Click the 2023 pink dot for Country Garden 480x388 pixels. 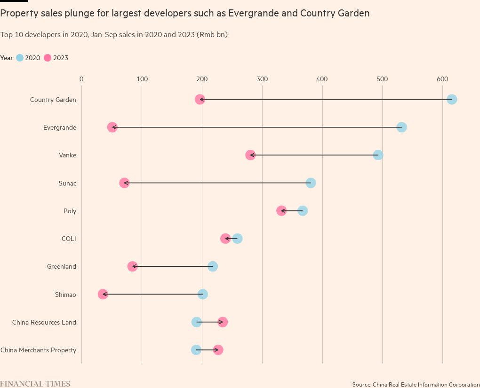pos(200,100)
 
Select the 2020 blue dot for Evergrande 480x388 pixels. pos(401,127)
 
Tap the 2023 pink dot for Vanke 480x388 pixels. pos(250,155)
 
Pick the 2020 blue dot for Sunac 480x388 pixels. pos(311,183)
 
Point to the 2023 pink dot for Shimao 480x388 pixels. pos(103,294)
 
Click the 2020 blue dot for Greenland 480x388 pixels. pos(213,266)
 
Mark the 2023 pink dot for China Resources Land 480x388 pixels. pos(223,322)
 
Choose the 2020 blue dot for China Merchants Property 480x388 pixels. pos(196,350)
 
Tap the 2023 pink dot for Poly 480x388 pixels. pos(281,210)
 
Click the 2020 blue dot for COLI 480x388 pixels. pos(238,239)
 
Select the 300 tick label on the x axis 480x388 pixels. pos(262,79)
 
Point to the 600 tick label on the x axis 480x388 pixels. pos(442,79)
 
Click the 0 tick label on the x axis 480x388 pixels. pos(81,79)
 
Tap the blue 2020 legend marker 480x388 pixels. pos(20,58)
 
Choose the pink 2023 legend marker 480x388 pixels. pos(48,58)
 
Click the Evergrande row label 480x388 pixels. pos(59,128)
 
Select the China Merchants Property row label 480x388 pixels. pos(38,350)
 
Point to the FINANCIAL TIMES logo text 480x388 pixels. pos(35,384)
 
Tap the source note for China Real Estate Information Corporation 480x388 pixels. pos(416,385)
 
